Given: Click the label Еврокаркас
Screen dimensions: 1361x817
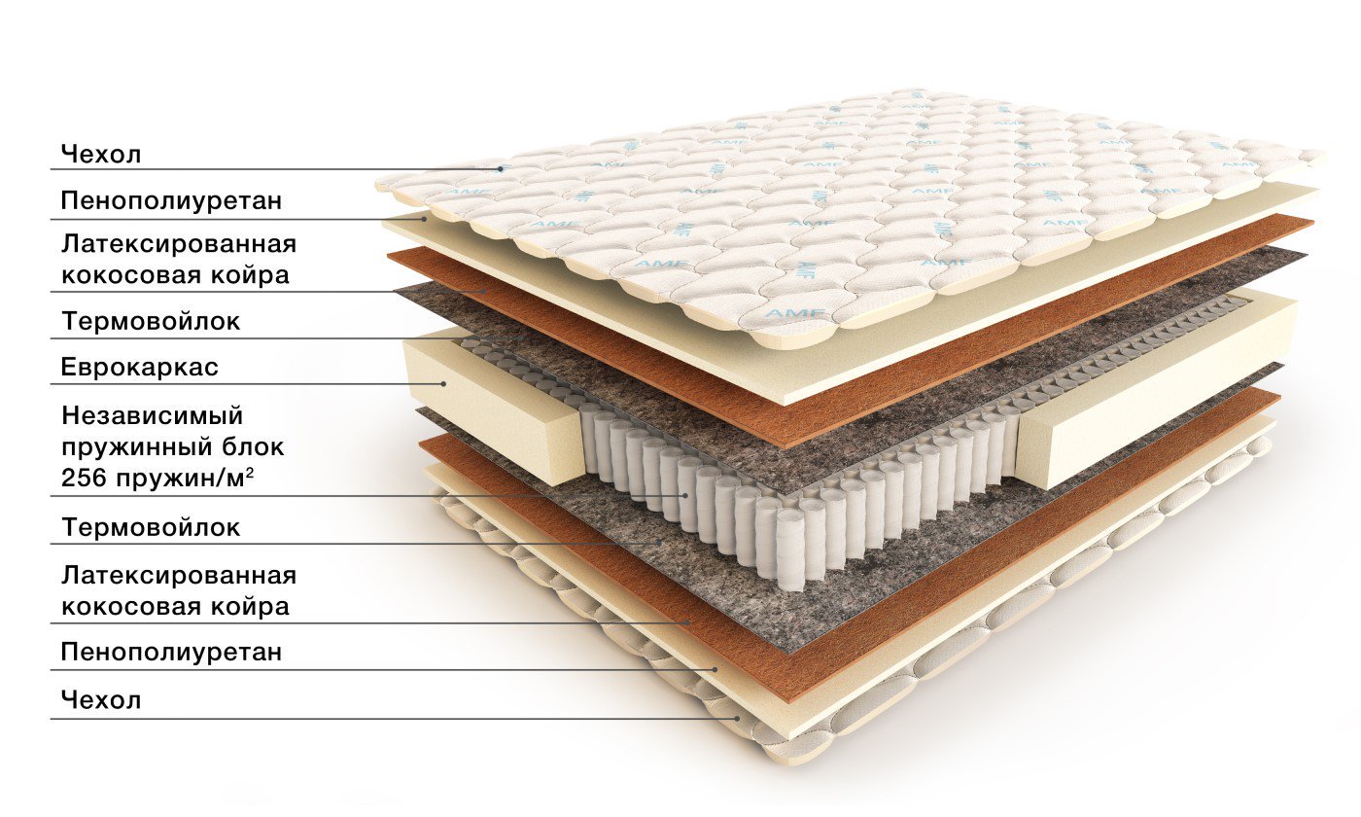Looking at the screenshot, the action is click(140, 368).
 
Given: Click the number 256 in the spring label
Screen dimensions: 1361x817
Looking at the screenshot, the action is click(85, 479).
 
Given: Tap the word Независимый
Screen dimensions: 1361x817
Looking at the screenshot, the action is click(153, 417).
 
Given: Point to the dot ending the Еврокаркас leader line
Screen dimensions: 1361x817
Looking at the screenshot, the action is click(443, 383).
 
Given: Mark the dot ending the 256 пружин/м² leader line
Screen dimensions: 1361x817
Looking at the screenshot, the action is click(685, 495).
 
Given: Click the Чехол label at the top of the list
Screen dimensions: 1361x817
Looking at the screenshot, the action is click(101, 155).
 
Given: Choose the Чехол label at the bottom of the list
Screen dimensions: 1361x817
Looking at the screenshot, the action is click(101, 700).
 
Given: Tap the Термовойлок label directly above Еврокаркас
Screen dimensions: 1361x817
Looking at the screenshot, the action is click(151, 321).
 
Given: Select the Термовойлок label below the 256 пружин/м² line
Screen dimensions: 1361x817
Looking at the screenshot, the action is click(151, 527).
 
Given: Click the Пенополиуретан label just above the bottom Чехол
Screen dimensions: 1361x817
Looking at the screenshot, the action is click(172, 653).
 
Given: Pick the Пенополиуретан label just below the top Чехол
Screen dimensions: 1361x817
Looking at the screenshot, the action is click(172, 200).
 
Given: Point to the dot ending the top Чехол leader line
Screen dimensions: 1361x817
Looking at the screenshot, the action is click(501, 169).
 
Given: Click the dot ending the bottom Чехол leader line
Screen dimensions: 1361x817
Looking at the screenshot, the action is click(738, 718).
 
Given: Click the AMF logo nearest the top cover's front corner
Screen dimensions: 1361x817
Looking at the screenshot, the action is click(788, 314).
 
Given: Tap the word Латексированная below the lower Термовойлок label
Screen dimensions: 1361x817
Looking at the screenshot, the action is click(179, 575).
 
